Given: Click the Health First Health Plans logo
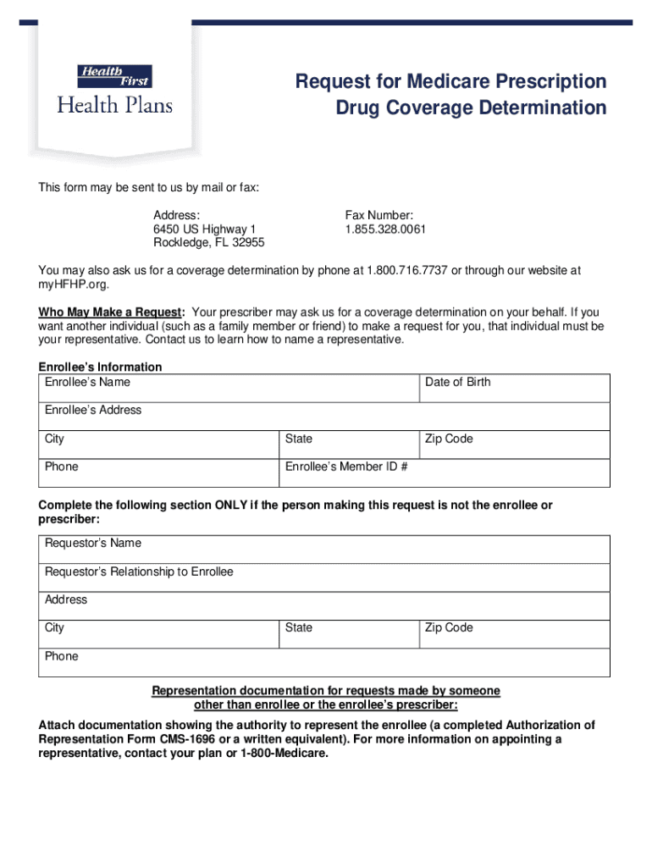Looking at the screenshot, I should pyautogui.click(x=114, y=90).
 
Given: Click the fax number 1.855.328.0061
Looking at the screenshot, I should pyautogui.click(x=385, y=229).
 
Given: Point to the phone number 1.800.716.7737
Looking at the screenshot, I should pyautogui.click(x=406, y=270).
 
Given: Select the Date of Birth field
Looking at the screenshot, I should pyautogui.click(x=516, y=388).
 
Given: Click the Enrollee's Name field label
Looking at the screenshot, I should pyautogui.click(x=87, y=382).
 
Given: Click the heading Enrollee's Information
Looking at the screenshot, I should pyautogui.click(x=100, y=367).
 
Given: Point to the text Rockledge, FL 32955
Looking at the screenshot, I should pyautogui.click(x=208, y=243).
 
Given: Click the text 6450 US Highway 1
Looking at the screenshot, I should pyautogui.click(x=204, y=229).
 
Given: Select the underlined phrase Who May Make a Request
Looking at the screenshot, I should pyautogui.click(x=110, y=312).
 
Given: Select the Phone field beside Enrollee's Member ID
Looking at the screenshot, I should pyautogui.click(x=159, y=472).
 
